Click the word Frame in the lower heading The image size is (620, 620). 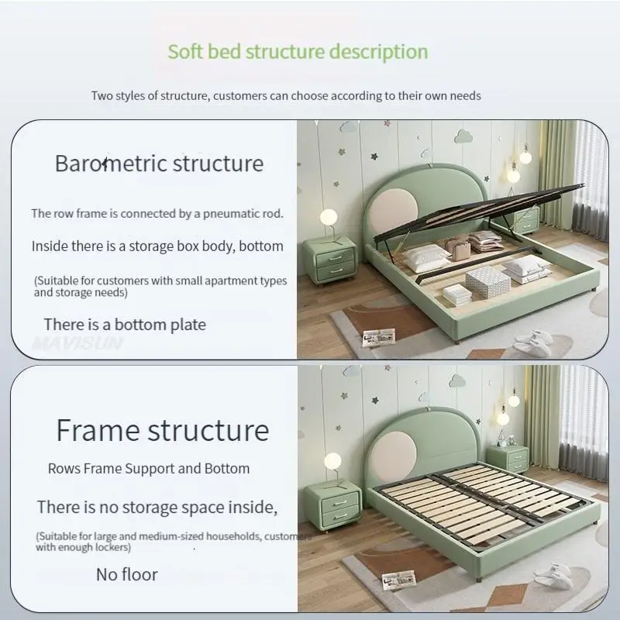(98, 430)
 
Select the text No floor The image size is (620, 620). (127, 574)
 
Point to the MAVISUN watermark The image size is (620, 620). (77, 343)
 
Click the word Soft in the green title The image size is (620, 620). (185, 51)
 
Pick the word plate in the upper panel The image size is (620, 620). (188, 325)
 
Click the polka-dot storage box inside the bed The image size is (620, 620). (487, 282)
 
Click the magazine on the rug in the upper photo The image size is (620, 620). (379, 337)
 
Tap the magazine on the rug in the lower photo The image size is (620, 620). (399, 580)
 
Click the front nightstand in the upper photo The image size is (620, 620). (329, 260)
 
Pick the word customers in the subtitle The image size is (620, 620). (240, 96)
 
